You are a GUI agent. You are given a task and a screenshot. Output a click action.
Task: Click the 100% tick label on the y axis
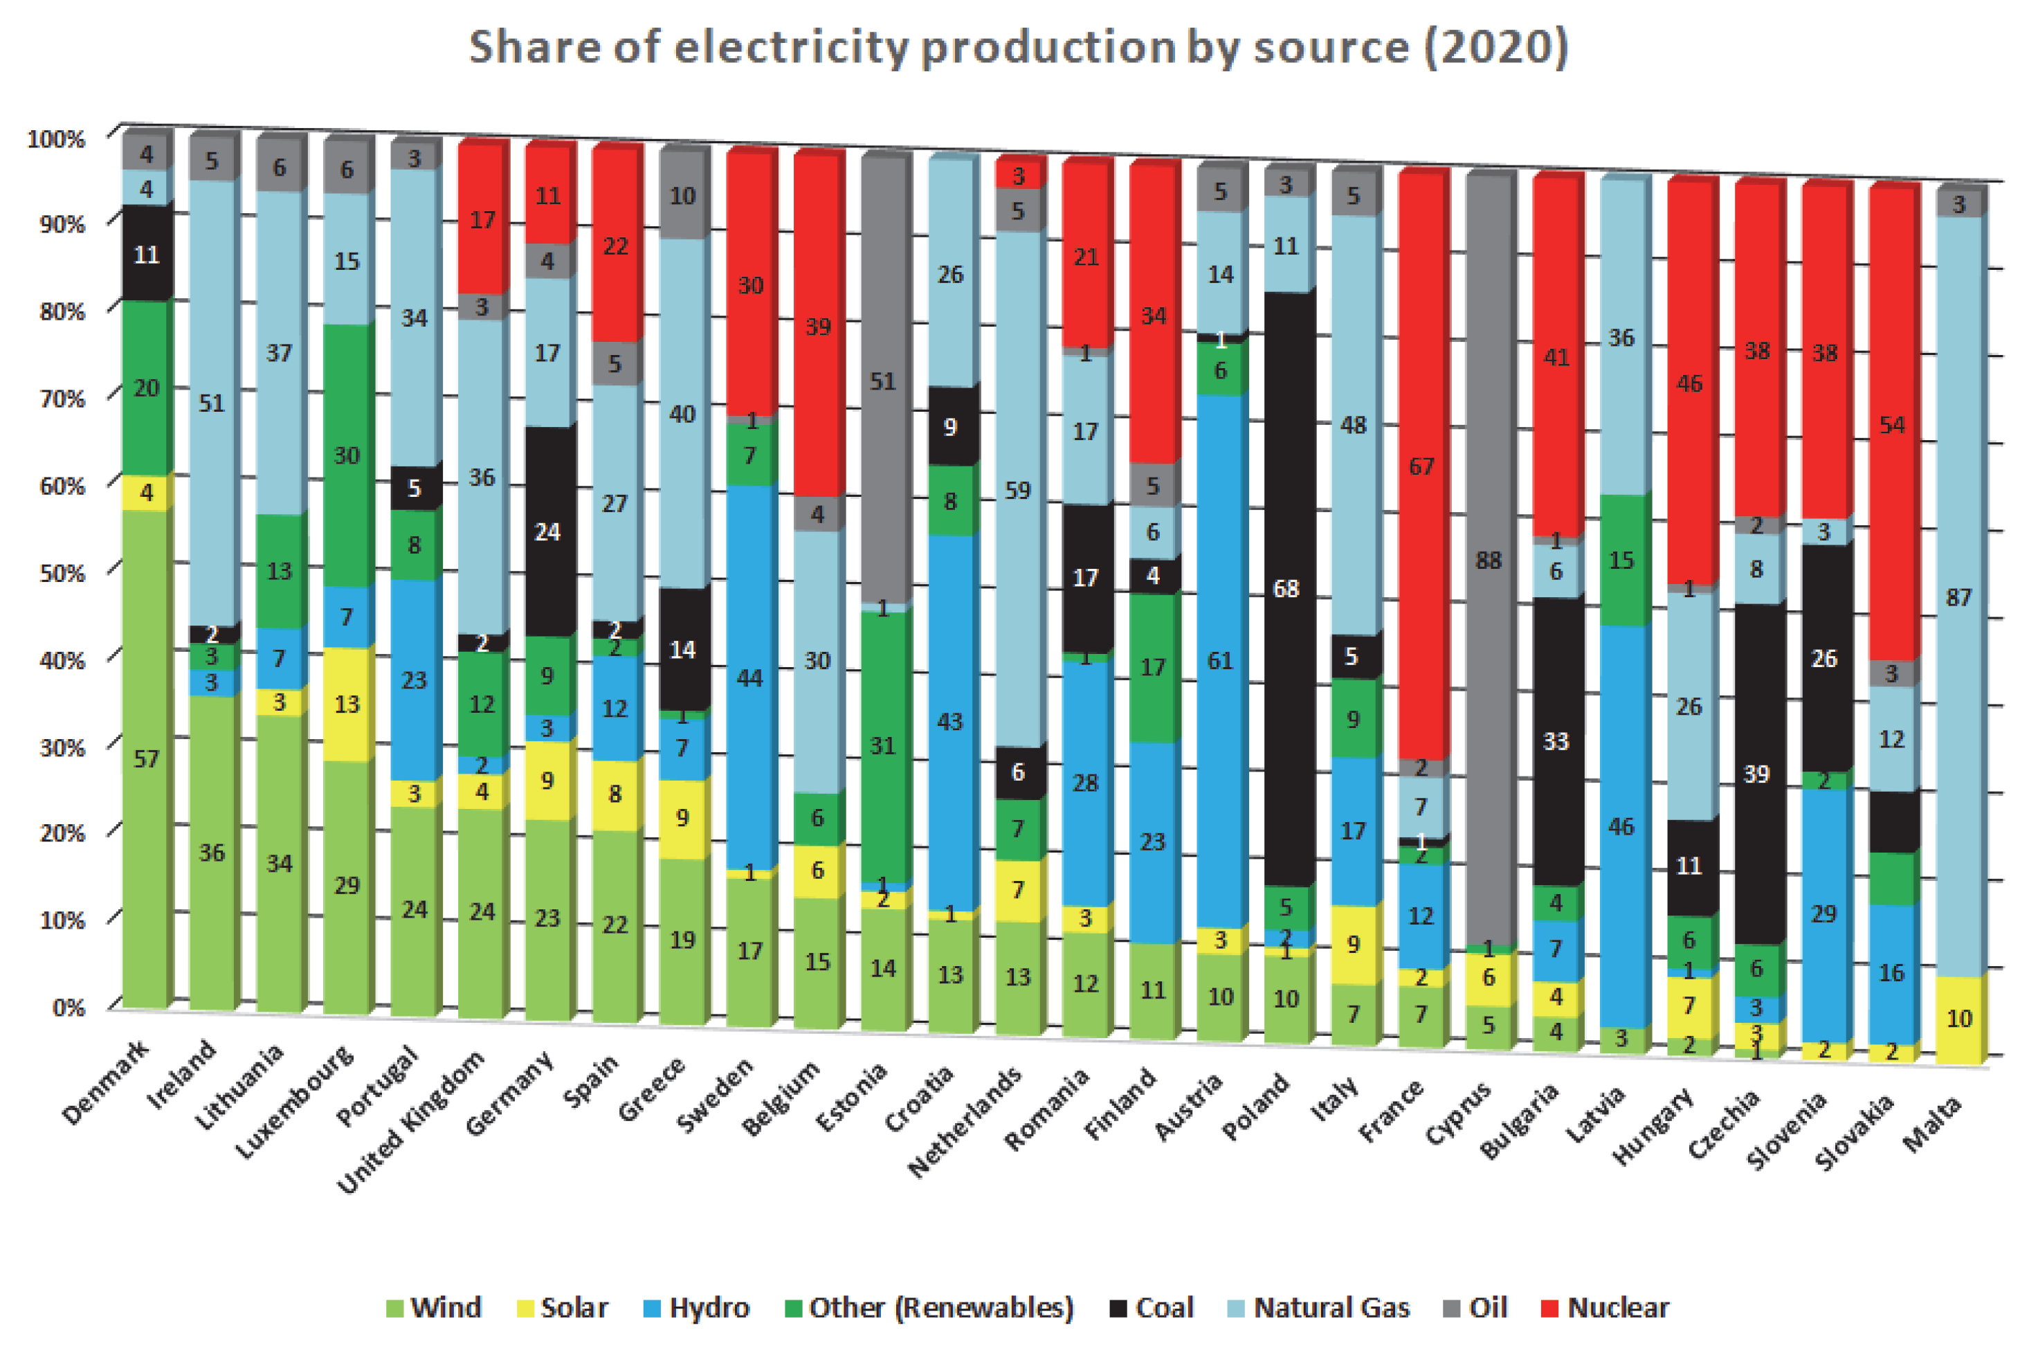click(57, 138)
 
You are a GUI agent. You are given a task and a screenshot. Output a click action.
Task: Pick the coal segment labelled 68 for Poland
click(1286, 589)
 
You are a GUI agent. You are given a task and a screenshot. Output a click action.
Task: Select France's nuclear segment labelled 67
click(1421, 466)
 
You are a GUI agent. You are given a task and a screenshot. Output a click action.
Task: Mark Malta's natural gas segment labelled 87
click(1958, 597)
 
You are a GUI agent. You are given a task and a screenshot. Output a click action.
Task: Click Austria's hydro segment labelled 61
click(1219, 660)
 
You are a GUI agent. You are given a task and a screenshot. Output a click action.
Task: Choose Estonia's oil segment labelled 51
click(882, 381)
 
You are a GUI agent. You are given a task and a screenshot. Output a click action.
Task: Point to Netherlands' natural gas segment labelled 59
click(1017, 490)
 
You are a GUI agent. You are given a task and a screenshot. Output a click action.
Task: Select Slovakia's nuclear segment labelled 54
click(1892, 424)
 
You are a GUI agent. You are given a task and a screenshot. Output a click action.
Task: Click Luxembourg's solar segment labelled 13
click(346, 704)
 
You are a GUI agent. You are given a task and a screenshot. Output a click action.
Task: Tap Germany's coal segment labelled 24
click(547, 531)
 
